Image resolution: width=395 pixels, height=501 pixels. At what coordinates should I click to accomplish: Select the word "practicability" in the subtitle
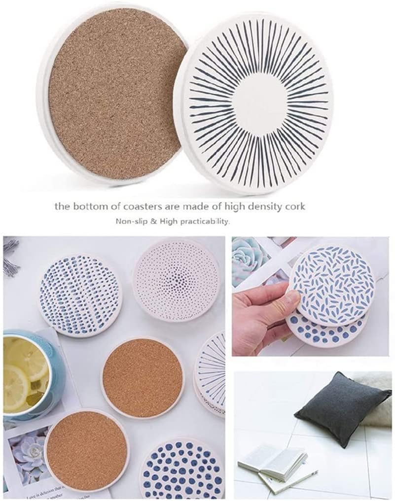(205, 222)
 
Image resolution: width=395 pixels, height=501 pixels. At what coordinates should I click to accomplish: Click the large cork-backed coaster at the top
(116, 91)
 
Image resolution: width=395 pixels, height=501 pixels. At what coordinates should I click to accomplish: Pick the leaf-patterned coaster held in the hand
(332, 286)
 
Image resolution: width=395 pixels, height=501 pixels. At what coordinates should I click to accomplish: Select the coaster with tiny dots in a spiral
(176, 278)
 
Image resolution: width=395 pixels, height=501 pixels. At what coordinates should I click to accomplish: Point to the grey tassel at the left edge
(10, 256)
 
